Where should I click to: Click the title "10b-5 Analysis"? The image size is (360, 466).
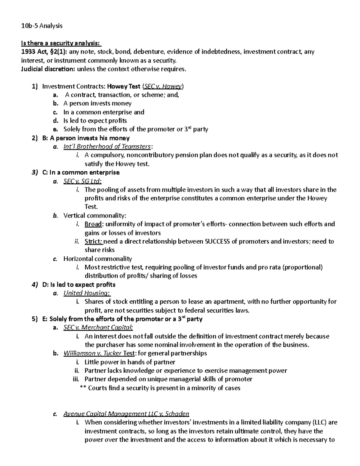[x=42, y=26]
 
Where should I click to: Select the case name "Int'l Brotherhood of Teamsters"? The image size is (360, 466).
[x=107, y=146]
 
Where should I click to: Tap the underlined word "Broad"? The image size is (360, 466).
[x=93, y=224]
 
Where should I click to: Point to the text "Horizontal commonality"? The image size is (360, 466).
[x=97, y=259]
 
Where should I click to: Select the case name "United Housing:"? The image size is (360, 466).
[x=87, y=293]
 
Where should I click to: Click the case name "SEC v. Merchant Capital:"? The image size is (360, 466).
[x=98, y=328]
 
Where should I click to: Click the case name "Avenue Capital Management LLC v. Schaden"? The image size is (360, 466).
[x=126, y=414]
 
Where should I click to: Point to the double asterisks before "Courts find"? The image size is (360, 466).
[x=83, y=388]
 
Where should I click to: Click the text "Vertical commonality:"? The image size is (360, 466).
[x=95, y=215]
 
